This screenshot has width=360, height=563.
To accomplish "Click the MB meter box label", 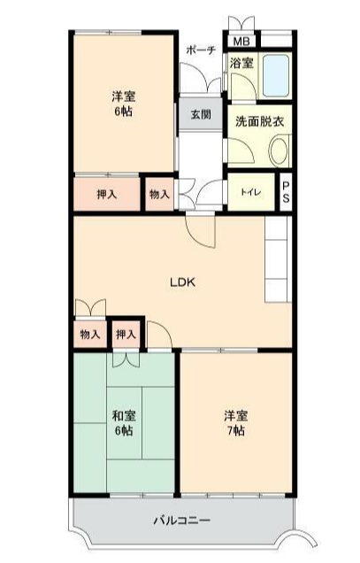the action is point(241,42).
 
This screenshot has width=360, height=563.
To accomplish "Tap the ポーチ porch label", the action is point(201,50).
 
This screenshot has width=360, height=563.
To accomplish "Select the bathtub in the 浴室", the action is point(276,75).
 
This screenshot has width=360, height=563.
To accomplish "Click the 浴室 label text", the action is point(241,63).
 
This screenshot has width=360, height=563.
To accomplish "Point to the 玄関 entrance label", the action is point(201,115).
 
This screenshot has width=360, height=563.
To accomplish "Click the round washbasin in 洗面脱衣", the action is point(279,151).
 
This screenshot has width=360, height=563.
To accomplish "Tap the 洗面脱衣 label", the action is point(260,122).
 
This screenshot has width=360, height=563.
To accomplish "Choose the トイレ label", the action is point(251,192).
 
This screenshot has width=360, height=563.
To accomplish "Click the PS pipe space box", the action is point(286,192).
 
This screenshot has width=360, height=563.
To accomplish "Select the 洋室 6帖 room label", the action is point(124,104).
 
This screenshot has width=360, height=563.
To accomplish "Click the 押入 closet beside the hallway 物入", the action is point(107,194).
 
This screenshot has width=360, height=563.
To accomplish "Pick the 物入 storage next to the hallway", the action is point(159,194).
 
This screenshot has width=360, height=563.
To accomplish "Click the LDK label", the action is point(183,282).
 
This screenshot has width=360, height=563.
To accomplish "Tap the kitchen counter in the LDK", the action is point(279,258).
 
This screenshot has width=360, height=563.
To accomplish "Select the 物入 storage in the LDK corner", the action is point(90,335).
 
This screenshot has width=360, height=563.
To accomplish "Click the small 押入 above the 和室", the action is point(126,335).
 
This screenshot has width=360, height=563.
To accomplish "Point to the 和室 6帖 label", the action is point(124,422).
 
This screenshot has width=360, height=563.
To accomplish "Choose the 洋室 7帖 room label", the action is point(236,422).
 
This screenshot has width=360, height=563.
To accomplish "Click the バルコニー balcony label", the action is point(182,520).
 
